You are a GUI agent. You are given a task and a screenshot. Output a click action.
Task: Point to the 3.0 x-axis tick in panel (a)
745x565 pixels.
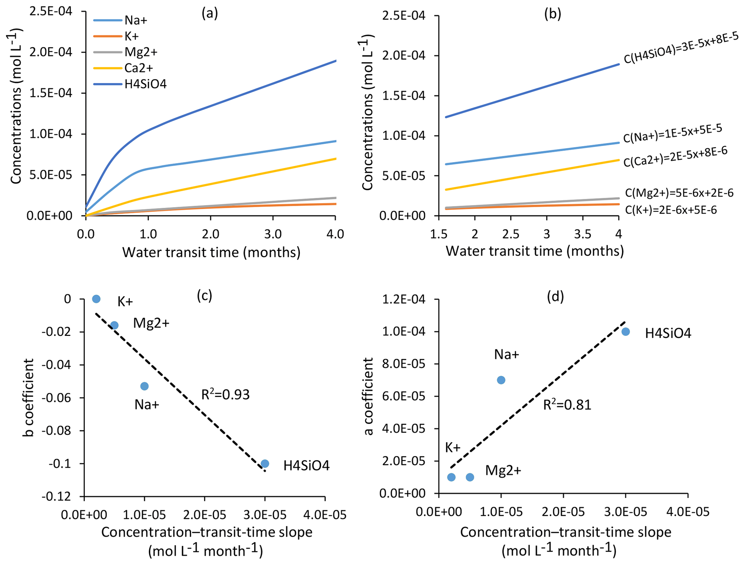(x=273, y=234)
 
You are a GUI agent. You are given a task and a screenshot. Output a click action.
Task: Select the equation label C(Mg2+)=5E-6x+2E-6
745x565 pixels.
(x=679, y=193)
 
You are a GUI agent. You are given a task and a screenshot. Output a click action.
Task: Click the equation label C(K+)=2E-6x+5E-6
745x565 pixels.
(x=671, y=210)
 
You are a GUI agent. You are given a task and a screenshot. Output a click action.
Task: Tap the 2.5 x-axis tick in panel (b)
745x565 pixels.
(x=511, y=234)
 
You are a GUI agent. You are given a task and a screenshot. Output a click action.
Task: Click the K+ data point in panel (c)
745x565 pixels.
(x=96, y=299)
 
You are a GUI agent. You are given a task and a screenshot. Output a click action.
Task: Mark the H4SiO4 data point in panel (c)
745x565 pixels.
(x=265, y=464)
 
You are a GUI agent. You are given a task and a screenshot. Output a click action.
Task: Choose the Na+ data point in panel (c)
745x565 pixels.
(x=144, y=386)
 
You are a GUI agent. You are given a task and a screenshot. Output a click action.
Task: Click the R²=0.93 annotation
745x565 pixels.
(x=225, y=395)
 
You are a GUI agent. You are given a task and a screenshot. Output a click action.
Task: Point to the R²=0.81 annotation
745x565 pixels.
(x=567, y=405)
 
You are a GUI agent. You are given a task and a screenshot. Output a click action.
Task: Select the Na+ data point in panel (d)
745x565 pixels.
(x=501, y=380)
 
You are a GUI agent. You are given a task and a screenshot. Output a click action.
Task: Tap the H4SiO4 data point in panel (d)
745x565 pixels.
(x=626, y=332)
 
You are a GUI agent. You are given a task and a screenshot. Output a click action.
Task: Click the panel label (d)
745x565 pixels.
(x=555, y=297)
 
